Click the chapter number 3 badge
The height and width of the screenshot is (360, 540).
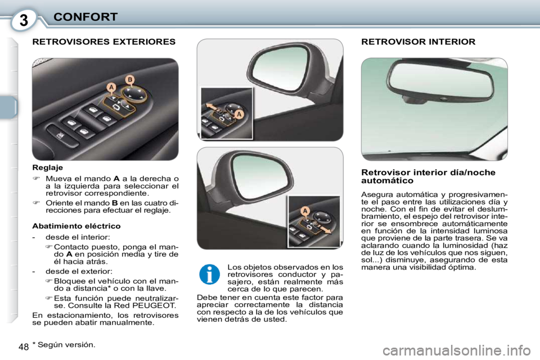(x=23, y=20)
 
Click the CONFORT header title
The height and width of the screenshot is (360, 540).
(x=85, y=17)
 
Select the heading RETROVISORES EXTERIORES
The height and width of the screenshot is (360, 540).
(x=104, y=42)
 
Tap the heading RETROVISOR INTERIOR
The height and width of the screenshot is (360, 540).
(x=418, y=42)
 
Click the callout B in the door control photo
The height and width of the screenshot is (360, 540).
(x=129, y=80)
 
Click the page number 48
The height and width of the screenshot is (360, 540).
(x=23, y=346)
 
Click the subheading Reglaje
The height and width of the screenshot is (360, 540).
(x=48, y=167)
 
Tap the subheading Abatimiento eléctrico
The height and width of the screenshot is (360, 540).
(x=76, y=226)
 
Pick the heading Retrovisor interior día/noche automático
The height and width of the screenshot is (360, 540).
(x=427, y=176)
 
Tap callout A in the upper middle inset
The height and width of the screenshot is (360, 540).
(x=238, y=114)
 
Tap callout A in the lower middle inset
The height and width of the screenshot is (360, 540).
(x=305, y=210)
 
